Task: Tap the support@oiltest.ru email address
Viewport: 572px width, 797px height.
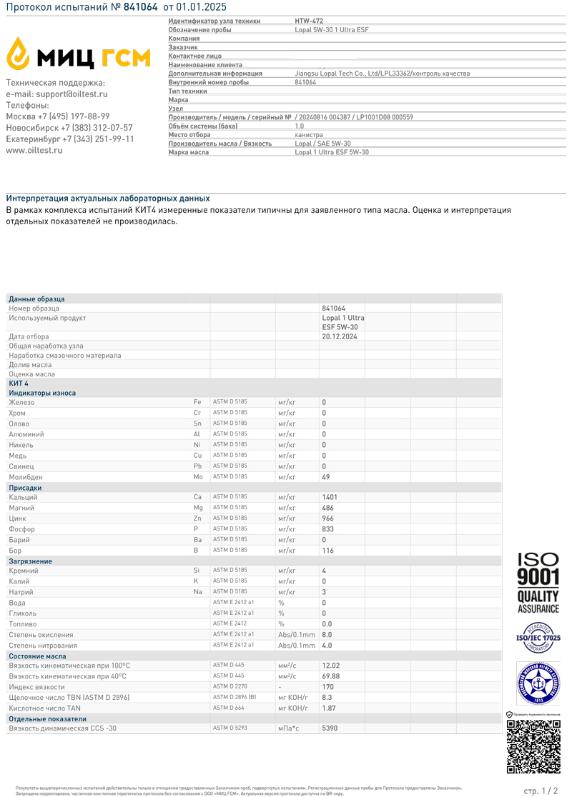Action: click(x=70, y=94)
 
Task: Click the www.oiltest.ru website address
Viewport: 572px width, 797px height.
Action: click(x=34, y=150)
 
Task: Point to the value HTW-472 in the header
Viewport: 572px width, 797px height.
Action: click(x=308, y=21)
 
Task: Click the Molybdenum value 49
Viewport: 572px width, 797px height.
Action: click(x=326, y=476)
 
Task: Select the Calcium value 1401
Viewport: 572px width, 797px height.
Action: click(x=330, y=497)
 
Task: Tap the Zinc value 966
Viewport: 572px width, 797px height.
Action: click(x=327, y=518)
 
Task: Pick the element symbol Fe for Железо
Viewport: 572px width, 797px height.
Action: click(x=197, y=403)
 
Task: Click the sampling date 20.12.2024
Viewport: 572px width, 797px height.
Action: click(x=339, y=336)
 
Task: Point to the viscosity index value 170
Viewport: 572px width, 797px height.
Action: click(x=327, y=686)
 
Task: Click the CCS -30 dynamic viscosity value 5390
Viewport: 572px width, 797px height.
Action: click(x=330, y=728)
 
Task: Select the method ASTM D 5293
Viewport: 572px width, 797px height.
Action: click(x=230, y=728)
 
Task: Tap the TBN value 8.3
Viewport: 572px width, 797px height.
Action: click(x=327, y=697)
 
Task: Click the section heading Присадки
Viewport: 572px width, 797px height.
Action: click(x=25, y=488)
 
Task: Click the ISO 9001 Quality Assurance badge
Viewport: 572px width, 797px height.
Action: click(x=538, y=583)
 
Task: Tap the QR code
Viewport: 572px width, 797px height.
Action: click(x=533, y=746)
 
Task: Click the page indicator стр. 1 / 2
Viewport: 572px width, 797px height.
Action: click(x=541, y=791)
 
